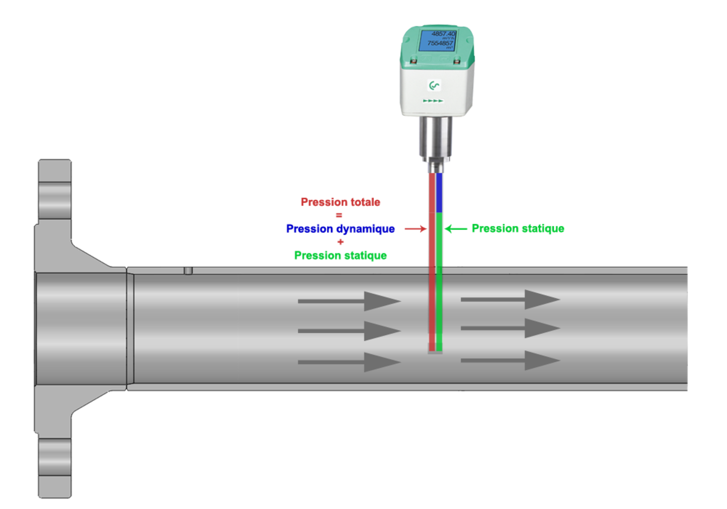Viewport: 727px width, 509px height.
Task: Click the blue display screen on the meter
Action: click(x=437, y=40)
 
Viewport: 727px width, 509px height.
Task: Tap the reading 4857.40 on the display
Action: click(x=443, y=34)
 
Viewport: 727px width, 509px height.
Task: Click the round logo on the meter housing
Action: click(x=434, y=85)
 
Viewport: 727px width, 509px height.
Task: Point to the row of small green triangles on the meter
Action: click(x=433, y=101)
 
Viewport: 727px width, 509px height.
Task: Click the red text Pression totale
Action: click(x=340, y=202)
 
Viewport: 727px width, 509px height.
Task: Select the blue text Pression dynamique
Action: click(x=340, y=229)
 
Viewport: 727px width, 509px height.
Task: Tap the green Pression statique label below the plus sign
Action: click(x=340, y=256)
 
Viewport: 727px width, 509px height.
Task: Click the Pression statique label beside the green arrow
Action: click(x=518, y=229)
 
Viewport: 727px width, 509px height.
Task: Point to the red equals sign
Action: click(x=339, y=215)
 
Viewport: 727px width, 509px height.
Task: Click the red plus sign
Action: click(x=340, y=242)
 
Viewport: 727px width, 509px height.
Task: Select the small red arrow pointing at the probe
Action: click(x=415, y=229)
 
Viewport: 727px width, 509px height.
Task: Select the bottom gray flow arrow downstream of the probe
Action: click(x=510, y=361)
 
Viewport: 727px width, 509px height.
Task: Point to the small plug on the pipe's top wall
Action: click(x=188, y=271)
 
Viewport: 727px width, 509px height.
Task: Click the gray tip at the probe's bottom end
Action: click(x=435, y=351)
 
